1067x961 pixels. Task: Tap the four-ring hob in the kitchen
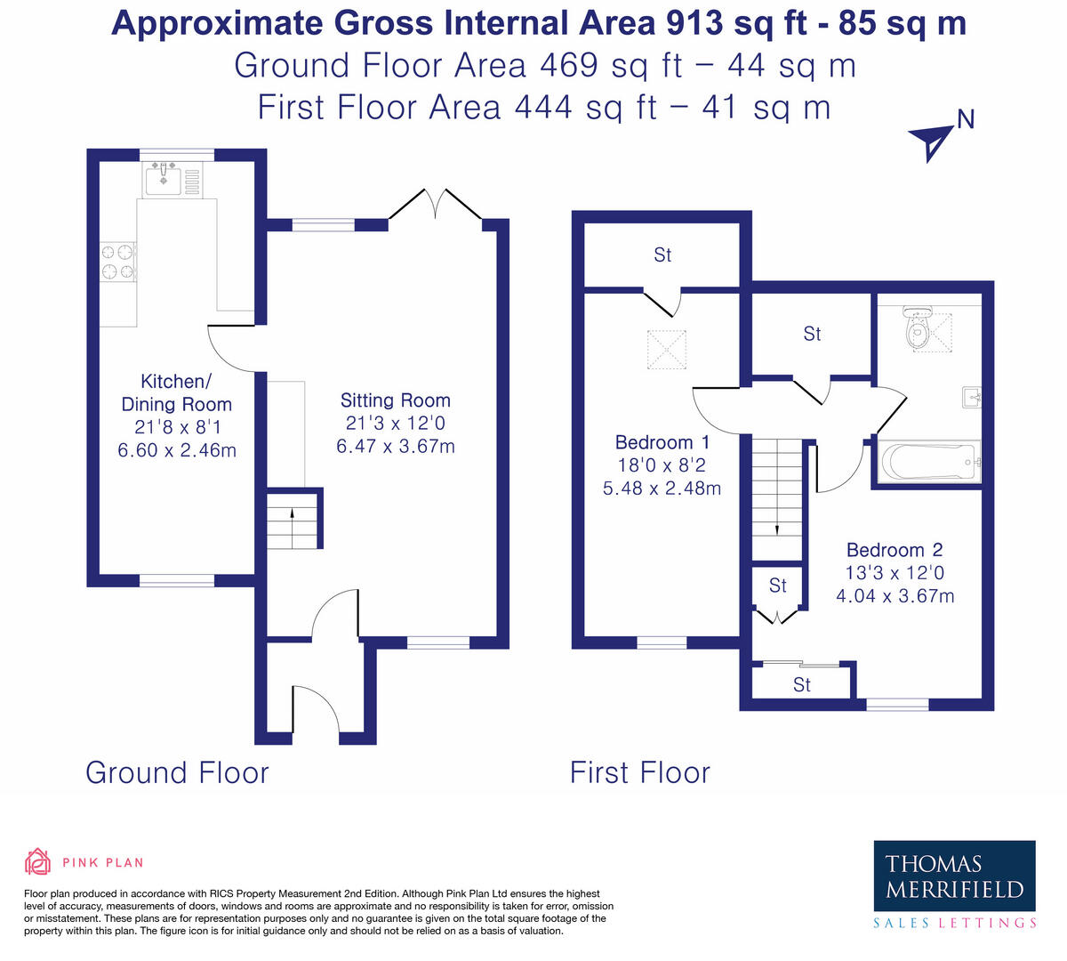coord(118,262)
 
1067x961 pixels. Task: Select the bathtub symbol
coord(928,461)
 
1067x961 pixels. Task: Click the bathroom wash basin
coord(972,397)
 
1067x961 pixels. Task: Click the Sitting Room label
coord(395,400)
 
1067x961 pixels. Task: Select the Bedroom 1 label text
coord(662,442)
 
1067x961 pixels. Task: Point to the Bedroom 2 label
coord(895,549)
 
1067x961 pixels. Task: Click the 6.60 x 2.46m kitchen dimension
coord(177,450)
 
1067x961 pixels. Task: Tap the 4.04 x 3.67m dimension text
coord(895,595)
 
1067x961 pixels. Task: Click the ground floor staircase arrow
coord(292,529)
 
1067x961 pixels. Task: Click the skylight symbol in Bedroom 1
coord(667,350)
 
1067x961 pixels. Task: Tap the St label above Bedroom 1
coord(662,255)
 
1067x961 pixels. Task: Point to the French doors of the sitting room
coord(436,204)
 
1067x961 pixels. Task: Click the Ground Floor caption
coord(178,772)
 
